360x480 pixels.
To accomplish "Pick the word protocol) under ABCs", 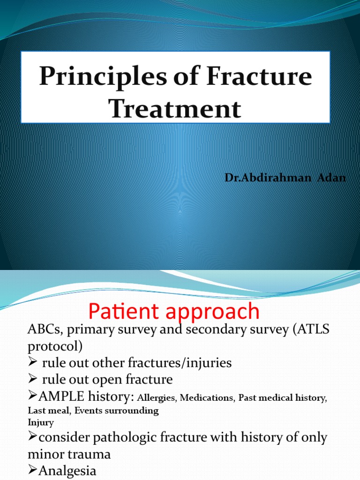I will pyautogui.click(x=55, y=346).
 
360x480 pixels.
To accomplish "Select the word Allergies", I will pyautogui.click(x=156, y=398).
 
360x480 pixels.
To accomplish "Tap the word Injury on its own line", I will pyautogui.click(x=41, y=422).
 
